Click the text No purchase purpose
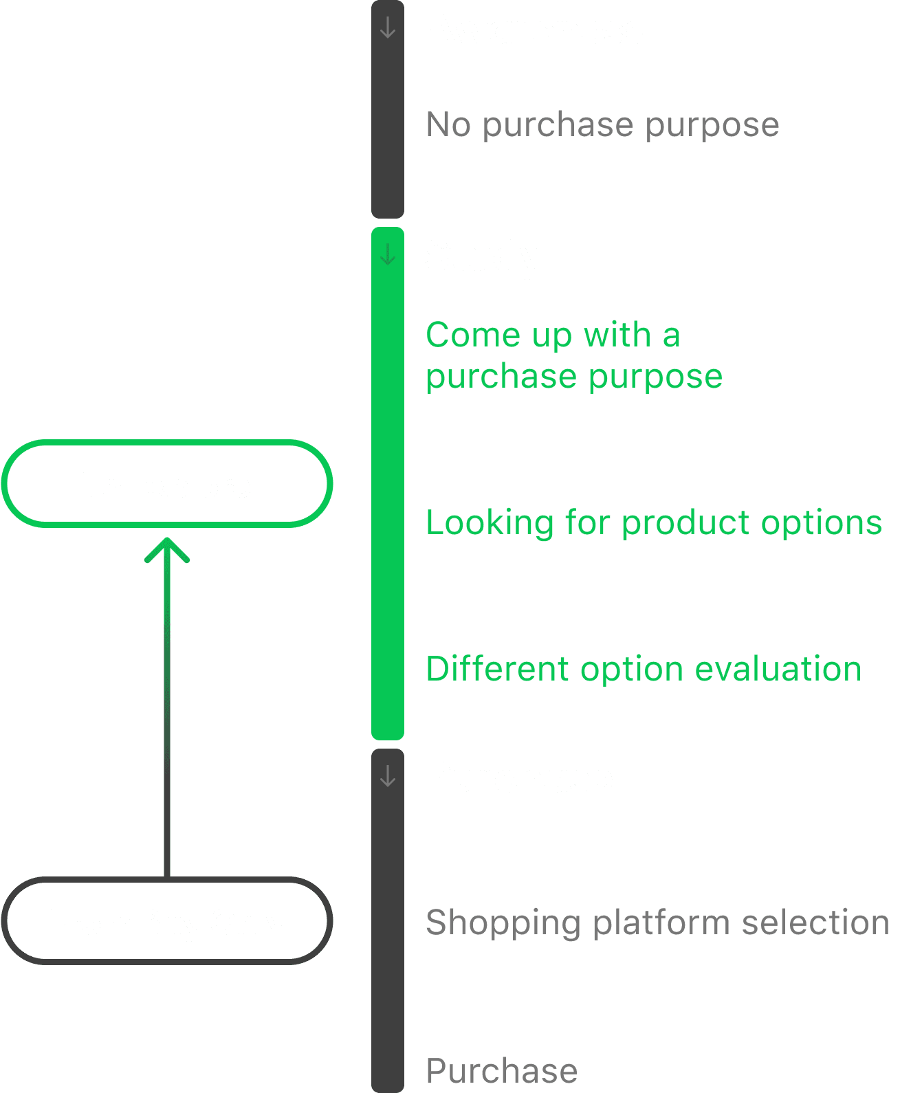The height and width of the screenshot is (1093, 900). [602, 125]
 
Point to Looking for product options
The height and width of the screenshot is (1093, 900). [653, 522]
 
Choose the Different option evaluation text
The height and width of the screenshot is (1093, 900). [644, 669]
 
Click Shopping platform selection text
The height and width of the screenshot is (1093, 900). [657, 922]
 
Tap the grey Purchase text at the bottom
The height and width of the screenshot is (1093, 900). [501, 1070]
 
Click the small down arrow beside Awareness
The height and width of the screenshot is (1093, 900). [388, 28]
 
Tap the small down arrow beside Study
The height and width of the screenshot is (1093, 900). [388, 255]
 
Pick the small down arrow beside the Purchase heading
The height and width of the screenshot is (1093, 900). [388, 776]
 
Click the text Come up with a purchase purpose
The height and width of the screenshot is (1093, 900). [573, 355]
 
